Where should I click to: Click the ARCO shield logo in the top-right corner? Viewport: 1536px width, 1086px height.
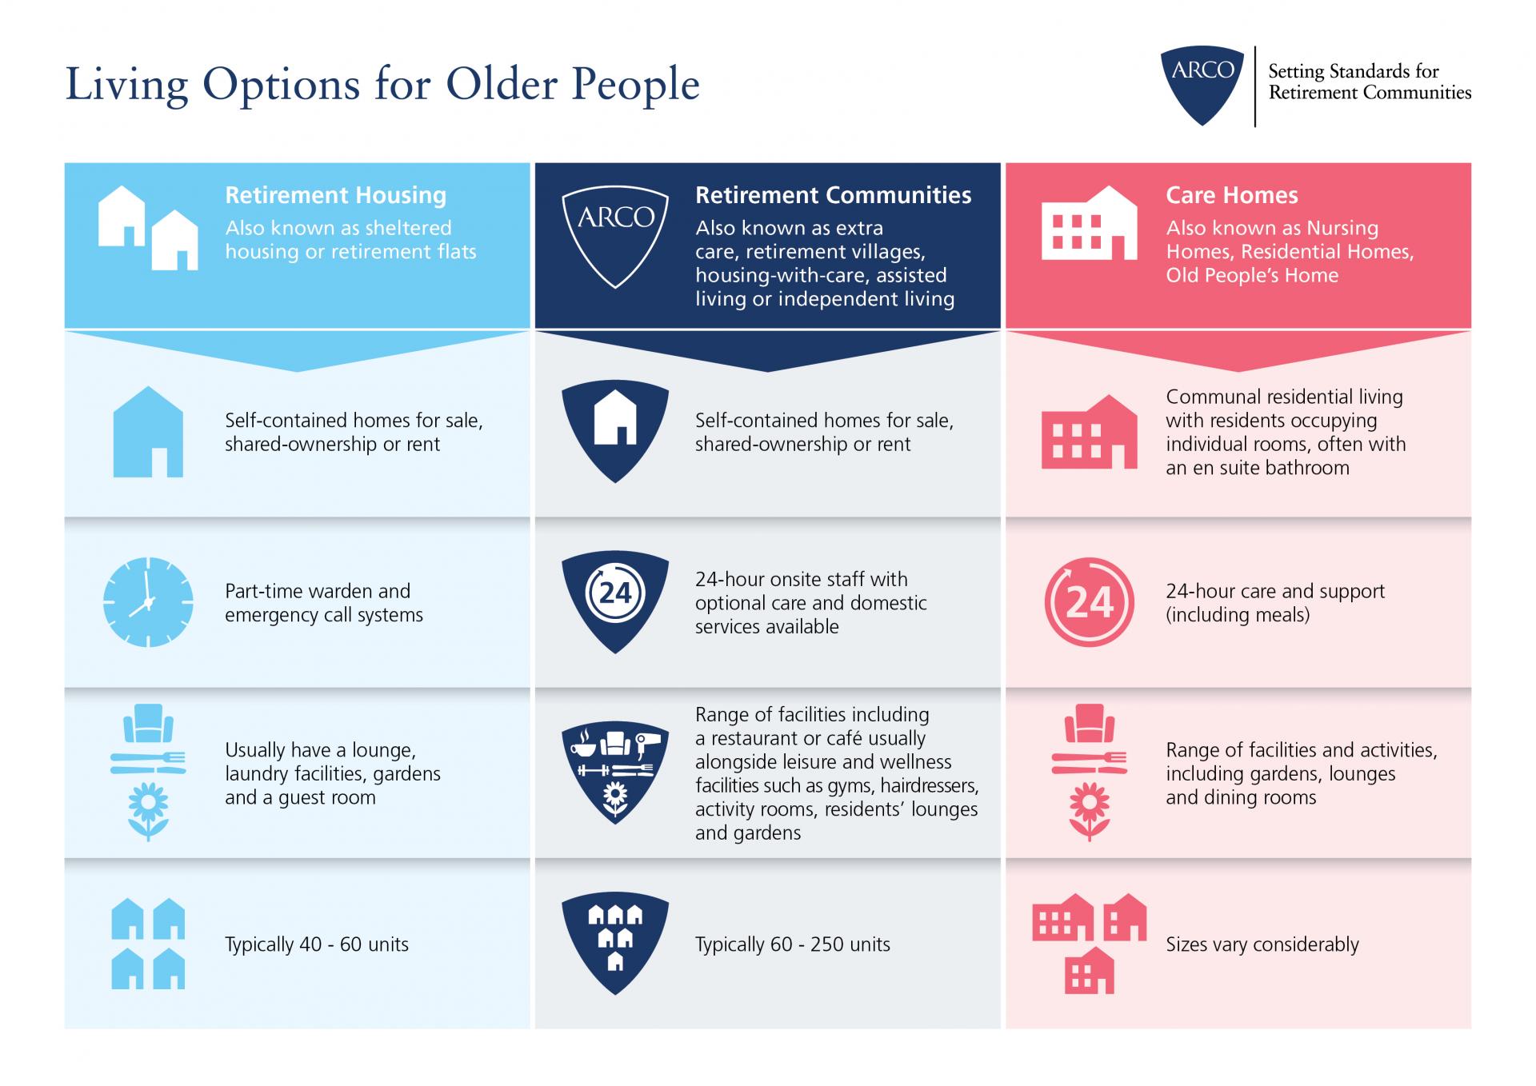click(1202, 85)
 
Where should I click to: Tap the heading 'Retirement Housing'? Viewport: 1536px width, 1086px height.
click(335, 195)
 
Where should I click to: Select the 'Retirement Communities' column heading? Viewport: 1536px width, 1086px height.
click(833, 195)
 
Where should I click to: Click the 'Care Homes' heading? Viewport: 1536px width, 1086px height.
click(1231, 195)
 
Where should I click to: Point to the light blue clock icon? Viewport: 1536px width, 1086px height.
click(148, 602)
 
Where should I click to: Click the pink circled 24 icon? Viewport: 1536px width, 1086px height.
click(1089, 602)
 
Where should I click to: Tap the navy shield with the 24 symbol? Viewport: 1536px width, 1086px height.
click(615, 601)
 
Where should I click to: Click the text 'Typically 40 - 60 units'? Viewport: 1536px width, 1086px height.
click(317, 944)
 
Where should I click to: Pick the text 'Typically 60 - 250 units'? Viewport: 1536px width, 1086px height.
click(792, 944)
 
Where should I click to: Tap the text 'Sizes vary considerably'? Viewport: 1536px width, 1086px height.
click(1262, 944)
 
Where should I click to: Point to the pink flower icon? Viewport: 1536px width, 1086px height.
click(1089, 811)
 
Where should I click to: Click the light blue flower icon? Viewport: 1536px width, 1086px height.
click(148, 811)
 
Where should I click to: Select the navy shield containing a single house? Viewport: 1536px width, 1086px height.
click(615, 431)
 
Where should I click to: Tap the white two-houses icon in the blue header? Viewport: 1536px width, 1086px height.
click(148, 228)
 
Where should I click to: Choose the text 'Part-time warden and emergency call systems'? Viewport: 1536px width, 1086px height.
click(324, 603)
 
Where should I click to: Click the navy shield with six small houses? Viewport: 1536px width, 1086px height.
click(615, 944)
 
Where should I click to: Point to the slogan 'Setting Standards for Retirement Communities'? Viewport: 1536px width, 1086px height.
click(1370, 82)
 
